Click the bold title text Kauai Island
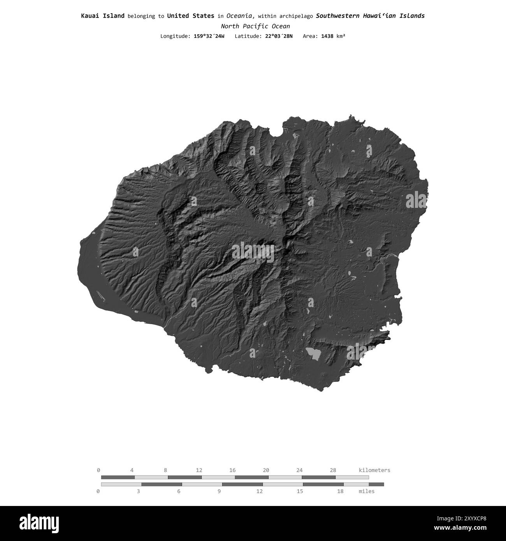[103, 16]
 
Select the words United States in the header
[190, 16]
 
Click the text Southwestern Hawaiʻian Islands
[370, 16]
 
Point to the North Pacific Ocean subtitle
[255, 26]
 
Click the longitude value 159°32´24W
[209, 36]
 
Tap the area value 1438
[327, 36]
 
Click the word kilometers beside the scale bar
[374, 470]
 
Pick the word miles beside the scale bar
[366, 491]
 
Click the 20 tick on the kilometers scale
[266, 470]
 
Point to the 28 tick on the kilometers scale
[333, 470]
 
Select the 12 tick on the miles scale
[259, 491]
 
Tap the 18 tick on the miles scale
[340, 491]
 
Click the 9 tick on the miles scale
[219, 491]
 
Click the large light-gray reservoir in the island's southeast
[314, 353]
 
